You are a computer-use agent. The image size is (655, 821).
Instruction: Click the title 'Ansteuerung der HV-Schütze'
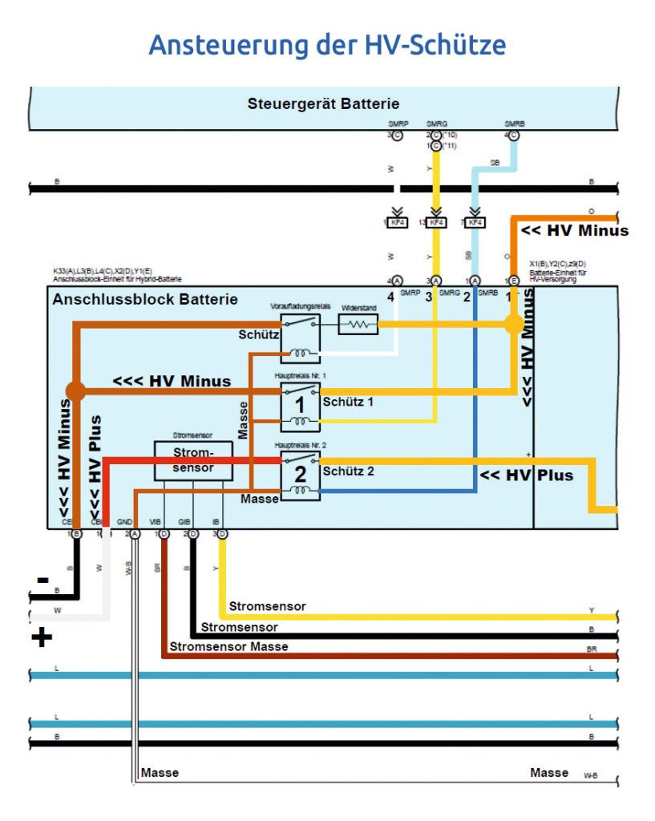pyautogui.click(x=327, y=44)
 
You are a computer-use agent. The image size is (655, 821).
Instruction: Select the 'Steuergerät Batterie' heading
pyautogui.click(x=323, y=103)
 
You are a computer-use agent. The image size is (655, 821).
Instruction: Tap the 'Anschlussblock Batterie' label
pyautogui.click(x=145, y=300)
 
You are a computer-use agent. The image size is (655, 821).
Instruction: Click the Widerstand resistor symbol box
pyautogui.click(x=358, y=325)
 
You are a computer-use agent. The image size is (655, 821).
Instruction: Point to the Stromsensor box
pyautogui.click(x=193, y=461)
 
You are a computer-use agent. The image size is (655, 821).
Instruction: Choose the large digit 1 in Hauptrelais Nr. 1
pyautogui.click(x=300, y=403)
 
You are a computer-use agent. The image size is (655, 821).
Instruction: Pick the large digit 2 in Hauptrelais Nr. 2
pyautogui.click(x=300, y=474)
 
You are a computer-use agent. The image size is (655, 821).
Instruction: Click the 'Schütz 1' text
pyautogui.click(x=349, y=401)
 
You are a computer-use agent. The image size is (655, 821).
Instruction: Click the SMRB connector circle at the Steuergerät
pyautogui.click(x=514, y=135)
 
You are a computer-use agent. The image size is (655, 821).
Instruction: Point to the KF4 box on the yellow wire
pyautogui.click(x=435, y=222)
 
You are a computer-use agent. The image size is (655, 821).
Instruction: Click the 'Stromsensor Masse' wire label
pyautogui.click(x=228, y=646)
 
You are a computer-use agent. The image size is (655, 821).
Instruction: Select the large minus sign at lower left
pyautogui.click(x=42, y=580)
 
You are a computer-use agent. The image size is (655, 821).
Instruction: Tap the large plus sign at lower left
pyautogui.click(x=42, y=638)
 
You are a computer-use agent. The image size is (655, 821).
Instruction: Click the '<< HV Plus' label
pyautogui.click(x=526, y=475)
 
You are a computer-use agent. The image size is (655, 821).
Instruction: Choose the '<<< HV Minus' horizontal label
pyautogui.click(x=172, y=381)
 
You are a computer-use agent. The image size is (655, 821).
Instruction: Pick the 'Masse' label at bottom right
pyautogui.click(x=549, y=773)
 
